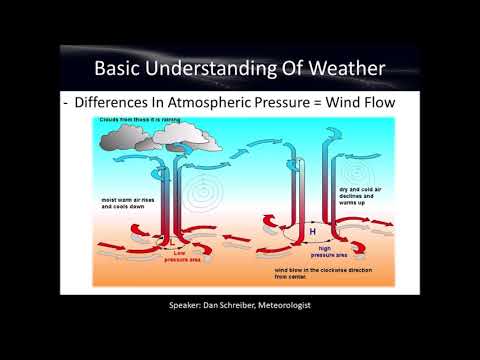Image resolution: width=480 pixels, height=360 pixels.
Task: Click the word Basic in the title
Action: (121, 69)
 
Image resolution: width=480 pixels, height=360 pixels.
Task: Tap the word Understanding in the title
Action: (214, 69)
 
